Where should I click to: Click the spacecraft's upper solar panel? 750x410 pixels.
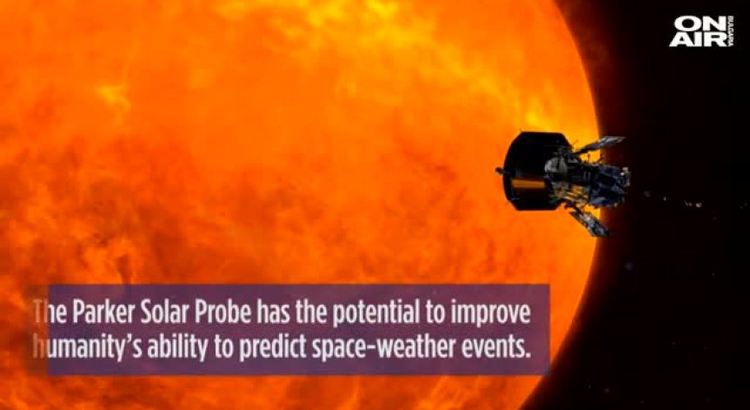(600, 145)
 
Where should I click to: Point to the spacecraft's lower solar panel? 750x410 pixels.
(589, 222)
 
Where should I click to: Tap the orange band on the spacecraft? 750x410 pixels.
(528, 184)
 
